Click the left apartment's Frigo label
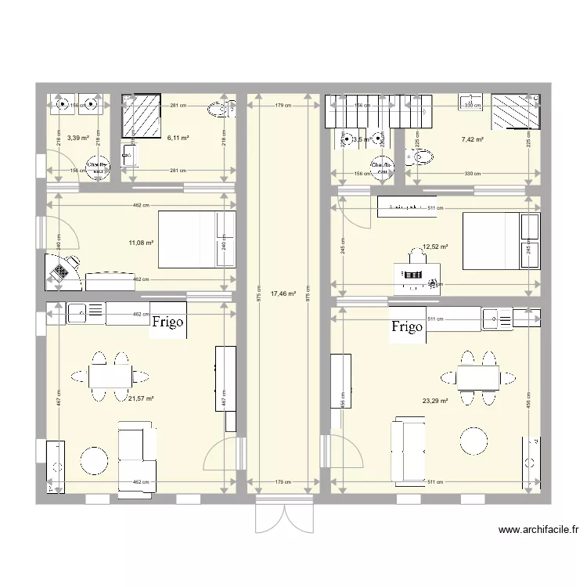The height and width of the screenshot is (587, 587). coord(168,322)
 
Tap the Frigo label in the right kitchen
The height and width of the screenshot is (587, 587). coord(407,326)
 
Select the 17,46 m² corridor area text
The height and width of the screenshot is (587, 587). coord(283,294)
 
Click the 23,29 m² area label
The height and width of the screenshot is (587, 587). coord(434,401)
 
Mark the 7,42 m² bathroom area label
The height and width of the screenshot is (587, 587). coord(472,139)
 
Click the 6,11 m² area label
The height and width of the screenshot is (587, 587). coord(178,138)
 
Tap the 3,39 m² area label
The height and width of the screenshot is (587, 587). coord(78,138)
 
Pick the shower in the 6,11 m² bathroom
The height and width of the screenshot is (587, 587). coord(140,117)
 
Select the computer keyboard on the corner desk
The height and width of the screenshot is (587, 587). coord(59,271)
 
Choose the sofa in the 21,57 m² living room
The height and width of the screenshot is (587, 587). coord(136,459)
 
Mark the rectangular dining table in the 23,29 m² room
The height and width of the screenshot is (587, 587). coord(478,378)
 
